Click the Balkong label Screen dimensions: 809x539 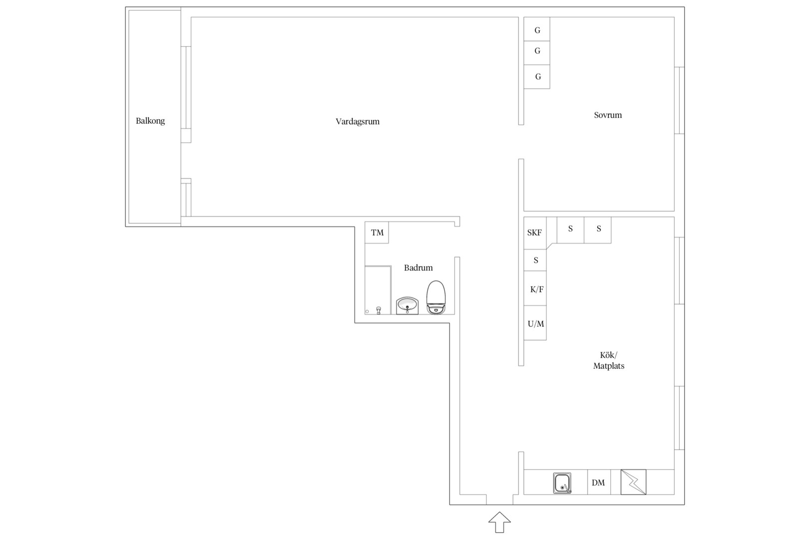tap(150, 121)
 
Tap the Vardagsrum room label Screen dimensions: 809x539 tap(358, 122)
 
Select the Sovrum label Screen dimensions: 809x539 tap(608, 115)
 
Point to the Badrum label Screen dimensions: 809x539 tap(418, 268)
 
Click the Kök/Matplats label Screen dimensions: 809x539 tap(609, 360)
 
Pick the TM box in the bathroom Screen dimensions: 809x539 tap(377, 233)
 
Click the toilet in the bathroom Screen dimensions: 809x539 tap(436, 297)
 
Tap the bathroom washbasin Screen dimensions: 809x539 tap(407, 306)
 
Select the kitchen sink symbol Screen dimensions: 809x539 tap(562, 483)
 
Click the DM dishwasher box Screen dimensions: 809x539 tap(599, 482)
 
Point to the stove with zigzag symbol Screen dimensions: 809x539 tap(634, 482)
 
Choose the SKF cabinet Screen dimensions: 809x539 tap(535, 233)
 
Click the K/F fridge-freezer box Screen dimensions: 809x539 tap(535, 288)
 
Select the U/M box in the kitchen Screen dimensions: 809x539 tap(535, 323)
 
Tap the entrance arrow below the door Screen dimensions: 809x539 tap(499, 522)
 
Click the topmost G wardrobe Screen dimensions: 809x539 tap(537, 29)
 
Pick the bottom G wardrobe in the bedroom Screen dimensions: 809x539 tap(537, 77)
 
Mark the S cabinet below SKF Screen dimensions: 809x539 tap(535, 260)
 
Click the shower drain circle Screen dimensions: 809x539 tap(367, 311)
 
